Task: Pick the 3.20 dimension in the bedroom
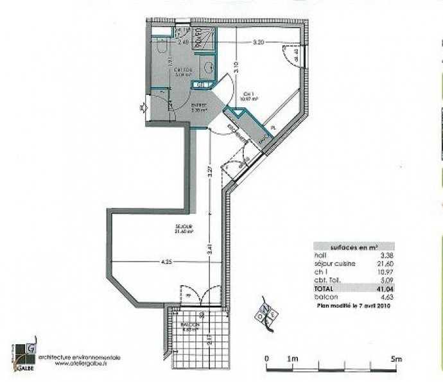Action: [x=259, y=43]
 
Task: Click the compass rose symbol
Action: [x=268, y=311]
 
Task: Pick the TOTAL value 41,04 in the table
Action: [x=383, y=290]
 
